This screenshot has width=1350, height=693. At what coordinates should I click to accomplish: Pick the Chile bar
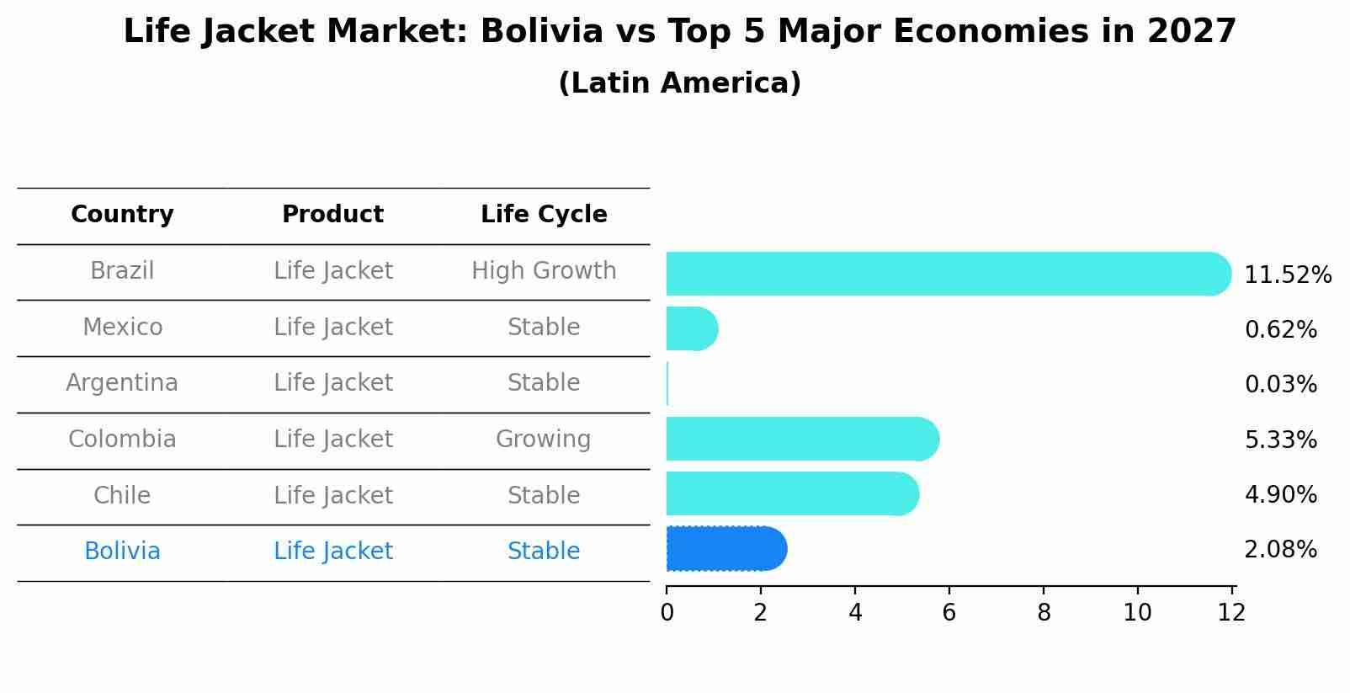792,493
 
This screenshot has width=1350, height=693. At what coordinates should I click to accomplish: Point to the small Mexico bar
691,328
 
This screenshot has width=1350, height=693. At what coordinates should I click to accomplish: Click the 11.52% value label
1287,275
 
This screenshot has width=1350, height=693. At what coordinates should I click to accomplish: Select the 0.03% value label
1280,385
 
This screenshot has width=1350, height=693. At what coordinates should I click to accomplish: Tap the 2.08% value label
1280,550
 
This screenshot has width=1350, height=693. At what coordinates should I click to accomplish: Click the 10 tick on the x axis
1137,613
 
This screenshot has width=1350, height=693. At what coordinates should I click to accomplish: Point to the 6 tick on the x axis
949,613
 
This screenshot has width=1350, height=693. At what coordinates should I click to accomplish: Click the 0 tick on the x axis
667,613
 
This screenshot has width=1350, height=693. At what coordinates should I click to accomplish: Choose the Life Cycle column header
544,215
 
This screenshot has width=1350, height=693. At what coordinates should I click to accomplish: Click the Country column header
122,215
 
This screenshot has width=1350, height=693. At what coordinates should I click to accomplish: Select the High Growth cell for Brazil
544,271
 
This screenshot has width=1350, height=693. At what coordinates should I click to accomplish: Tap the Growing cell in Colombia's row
543,440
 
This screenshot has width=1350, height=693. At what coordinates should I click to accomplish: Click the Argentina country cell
122,383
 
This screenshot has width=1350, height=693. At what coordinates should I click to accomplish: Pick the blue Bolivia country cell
122,552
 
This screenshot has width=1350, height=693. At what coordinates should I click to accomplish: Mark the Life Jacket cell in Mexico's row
333,328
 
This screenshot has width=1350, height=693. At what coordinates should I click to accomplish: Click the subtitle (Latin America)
679,83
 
